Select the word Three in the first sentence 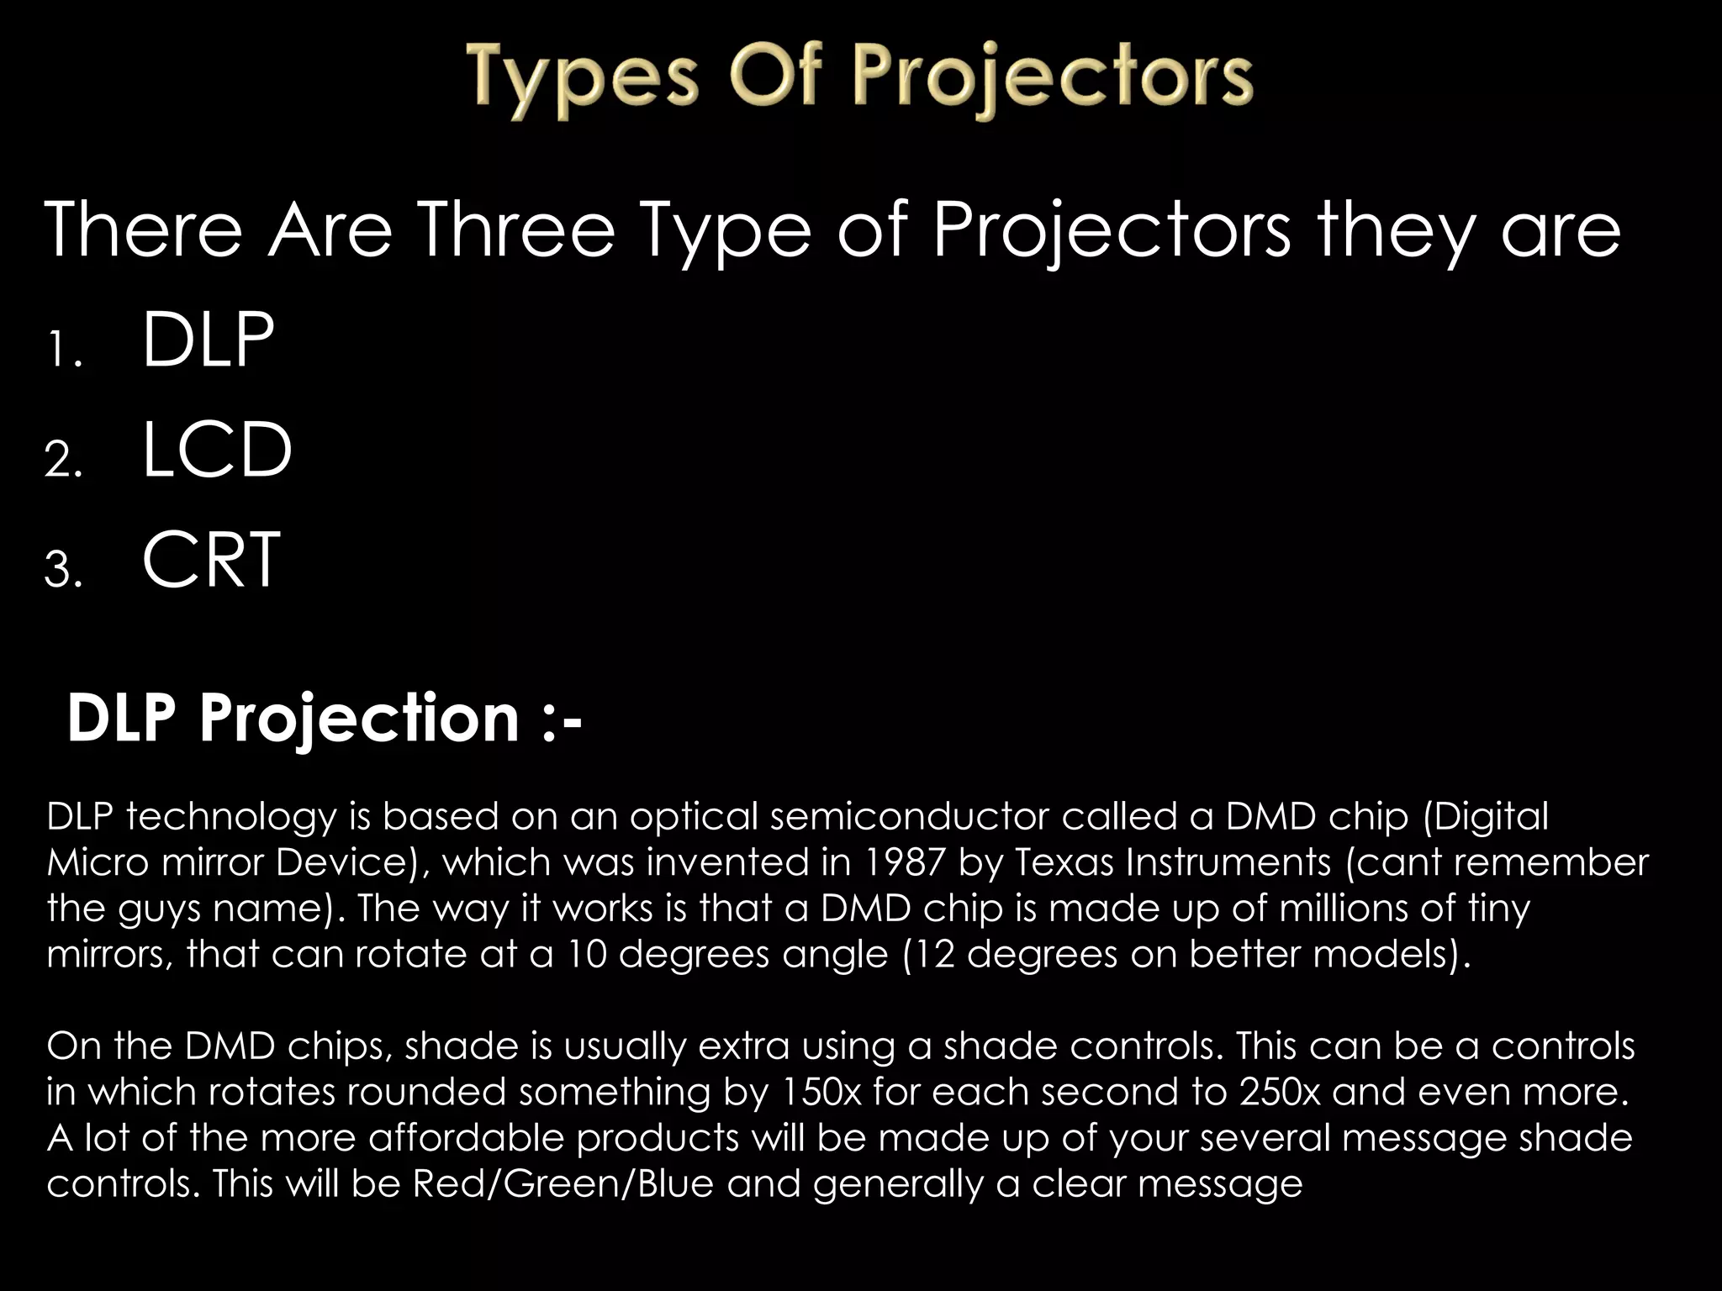[x=516, y=230]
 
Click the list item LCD [x=217, y=451]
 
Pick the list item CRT [x=210, y=560]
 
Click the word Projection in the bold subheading [x=359, y=719]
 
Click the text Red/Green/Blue [x=563, y=1183]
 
